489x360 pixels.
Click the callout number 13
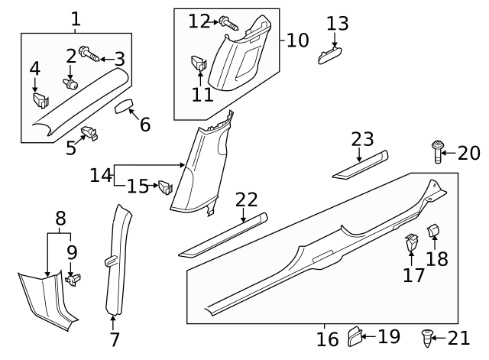[337, 23]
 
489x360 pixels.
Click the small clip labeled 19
[355, 335]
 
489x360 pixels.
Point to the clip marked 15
[164, 186]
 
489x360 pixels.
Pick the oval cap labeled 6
[124, 105]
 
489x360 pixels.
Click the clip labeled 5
[90, 134]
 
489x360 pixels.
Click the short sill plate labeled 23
[359, 167]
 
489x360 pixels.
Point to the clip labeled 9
[73, 279]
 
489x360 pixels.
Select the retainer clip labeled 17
[411, 243]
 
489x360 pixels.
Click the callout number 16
[327, 339]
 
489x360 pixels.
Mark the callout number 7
[115, 339]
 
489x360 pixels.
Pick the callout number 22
[246, 199]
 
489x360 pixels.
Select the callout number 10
[298, 39]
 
